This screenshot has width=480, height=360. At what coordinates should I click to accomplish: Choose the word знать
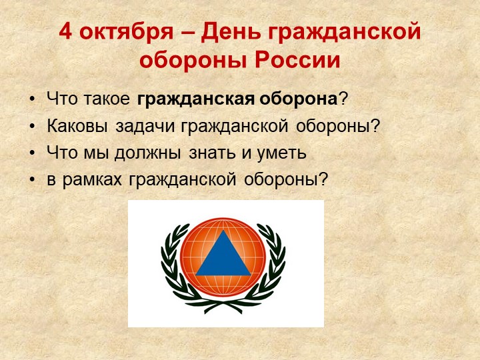tap(210, 153)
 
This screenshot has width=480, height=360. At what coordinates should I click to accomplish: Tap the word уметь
tap(279, 153)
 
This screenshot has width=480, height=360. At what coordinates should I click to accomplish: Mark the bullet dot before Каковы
tap(33, 126)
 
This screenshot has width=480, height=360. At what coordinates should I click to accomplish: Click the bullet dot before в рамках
tap(33, 179)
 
